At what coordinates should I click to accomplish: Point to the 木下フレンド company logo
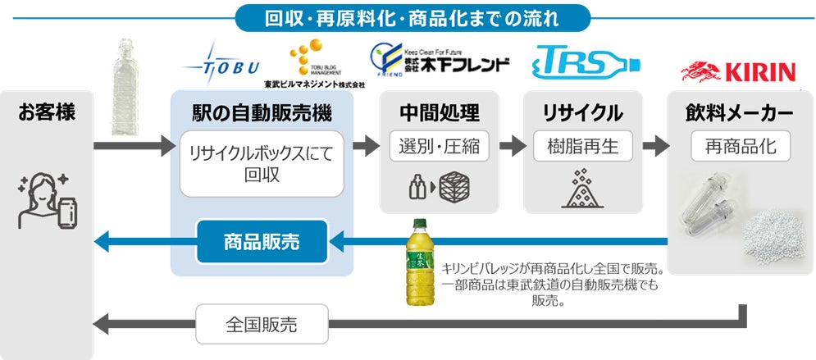440,60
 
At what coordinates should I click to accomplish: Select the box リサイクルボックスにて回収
261,164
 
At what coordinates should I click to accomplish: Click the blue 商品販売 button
261,241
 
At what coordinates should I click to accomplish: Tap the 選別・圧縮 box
440,148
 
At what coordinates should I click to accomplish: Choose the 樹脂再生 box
583,148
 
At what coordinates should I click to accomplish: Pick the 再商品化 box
741,148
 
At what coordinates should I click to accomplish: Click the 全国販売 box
261,324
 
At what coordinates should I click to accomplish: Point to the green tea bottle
422,262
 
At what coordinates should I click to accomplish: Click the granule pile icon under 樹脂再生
583,187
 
